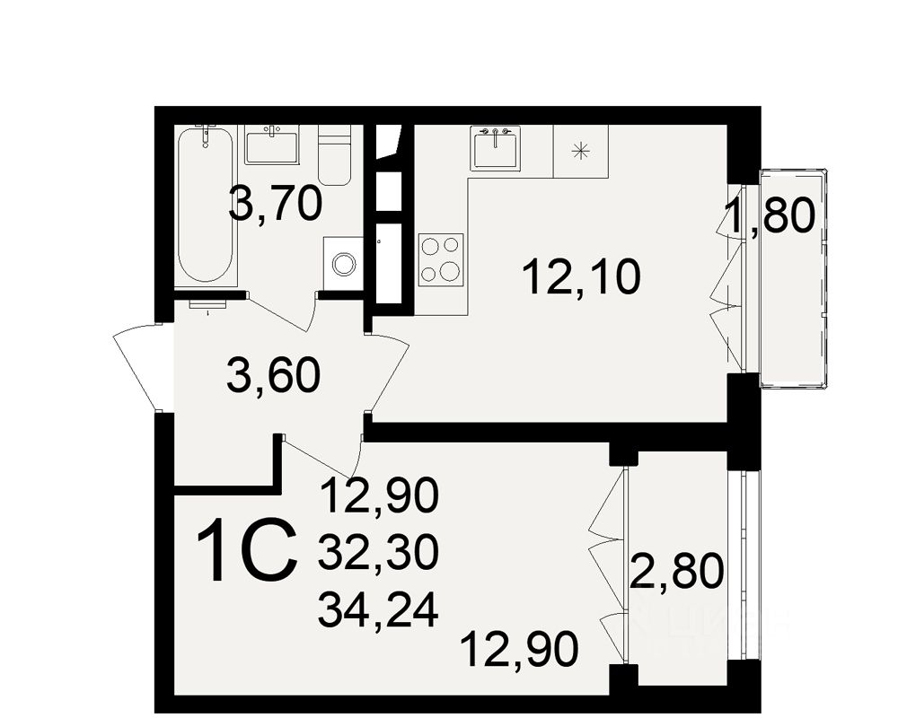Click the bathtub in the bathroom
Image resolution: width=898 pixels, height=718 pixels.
pyautogui.click(x=206, y=207)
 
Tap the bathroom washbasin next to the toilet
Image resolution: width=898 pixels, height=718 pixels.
pyautogui.click(x=272, y=144)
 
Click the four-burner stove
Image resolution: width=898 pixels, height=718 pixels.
pyautogui.click(x=441, y=258)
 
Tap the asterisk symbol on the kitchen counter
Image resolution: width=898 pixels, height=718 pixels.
pyautogui.click(x=580, y=150)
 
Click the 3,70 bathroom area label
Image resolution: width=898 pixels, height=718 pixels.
pyautogui.click(x=275, y=205)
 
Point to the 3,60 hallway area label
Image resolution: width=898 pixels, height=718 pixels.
pyautogui.click(x=274, y=376)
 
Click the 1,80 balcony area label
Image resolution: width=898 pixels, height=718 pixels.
pyautogui.click(x=770, y=216)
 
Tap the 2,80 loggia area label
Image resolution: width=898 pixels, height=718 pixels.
pyautogui.click(x=676, y=572)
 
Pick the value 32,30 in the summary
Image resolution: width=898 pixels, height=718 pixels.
pyautogui.click(x=377, y=552)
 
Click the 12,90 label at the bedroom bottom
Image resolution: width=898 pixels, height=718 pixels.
pyautogui.click(x=519, y=648)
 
